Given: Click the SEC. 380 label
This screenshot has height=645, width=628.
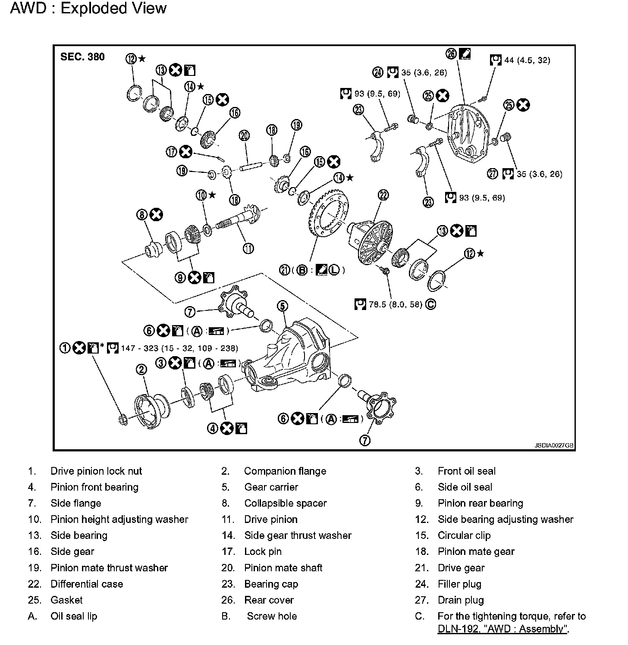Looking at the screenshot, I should (82, 57).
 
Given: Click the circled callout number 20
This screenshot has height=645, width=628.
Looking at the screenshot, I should (245, 136).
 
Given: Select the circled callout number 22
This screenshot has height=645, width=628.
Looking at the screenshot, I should (383, 195).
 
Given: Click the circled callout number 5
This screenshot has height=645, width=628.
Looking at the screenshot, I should (282, 306).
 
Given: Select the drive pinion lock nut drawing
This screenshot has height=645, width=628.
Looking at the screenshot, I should (122, 419).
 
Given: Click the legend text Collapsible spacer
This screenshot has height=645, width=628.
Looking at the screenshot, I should (285, 503).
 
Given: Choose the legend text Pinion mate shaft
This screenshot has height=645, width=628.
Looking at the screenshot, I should (283, 568).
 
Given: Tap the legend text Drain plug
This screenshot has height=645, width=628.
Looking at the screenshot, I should (461, 600).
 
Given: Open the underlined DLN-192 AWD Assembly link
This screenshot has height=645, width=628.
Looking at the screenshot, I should (503, 629).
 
